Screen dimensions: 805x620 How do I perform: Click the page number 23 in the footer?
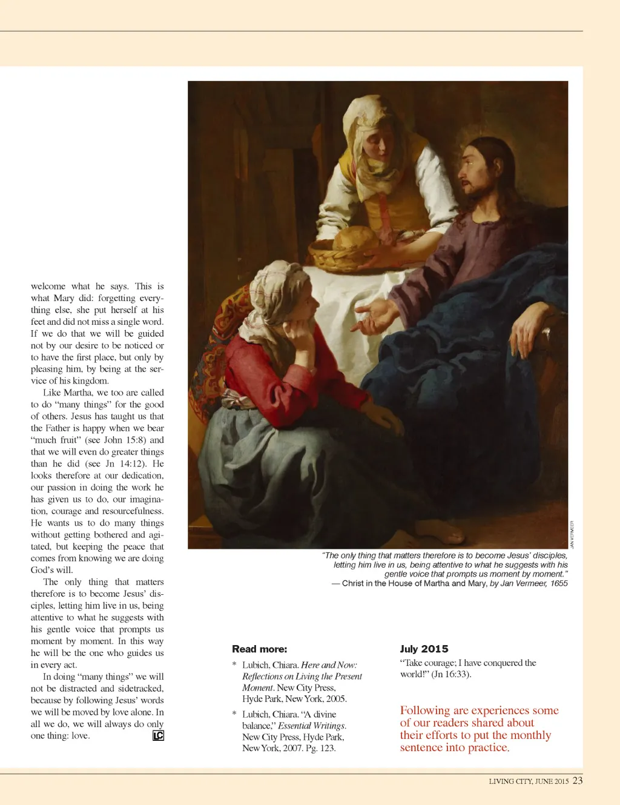click(578, 780)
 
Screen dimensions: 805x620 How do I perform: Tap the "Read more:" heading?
click(259, 649)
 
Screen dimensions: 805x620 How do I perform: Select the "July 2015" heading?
click(424, 649)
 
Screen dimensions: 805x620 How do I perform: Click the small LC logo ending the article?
click(158, 735)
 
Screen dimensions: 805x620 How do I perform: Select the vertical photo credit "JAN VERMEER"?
click(572, 534)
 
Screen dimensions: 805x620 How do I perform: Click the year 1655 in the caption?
click(559, 583)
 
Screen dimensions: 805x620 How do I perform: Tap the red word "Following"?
click(424, 711)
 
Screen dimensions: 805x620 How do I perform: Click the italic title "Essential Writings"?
click(311, 726)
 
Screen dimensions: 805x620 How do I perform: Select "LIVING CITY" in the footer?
click(510, 781)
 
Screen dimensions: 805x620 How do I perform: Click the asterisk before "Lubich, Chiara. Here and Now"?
click(234, 665)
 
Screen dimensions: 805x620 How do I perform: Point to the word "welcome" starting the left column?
click(48, 286)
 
